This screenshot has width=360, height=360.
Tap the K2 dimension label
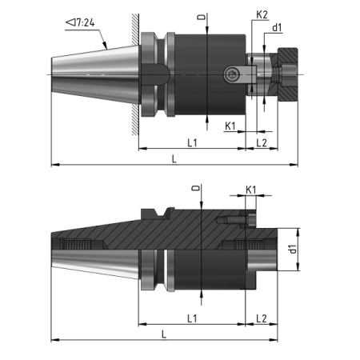pyautogui.click(x=261, y=15)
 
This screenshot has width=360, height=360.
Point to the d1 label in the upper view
pyautogui.click(x=277, y=28)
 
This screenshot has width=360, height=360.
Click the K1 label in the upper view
pyautogui.click(x=230, y=126)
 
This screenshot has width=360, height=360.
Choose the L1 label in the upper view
pyautogui.click(x=192, y=142)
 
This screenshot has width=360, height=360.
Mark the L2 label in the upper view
pyautogui.click(x=262, y=142)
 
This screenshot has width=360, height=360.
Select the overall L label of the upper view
pyautogui.click(x=174, y=158)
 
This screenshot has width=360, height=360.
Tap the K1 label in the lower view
pyautogui.click(x=250, y=190)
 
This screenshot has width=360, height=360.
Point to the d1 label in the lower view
pyautogui.click(x=294, y=250)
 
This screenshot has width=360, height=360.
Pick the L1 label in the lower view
pyautogui.click(x=192, y=318)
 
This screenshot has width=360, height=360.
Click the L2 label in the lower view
pyautogui.click(x=262, y=318)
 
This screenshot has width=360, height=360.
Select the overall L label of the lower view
pyautogui.click(x=164, y=332)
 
